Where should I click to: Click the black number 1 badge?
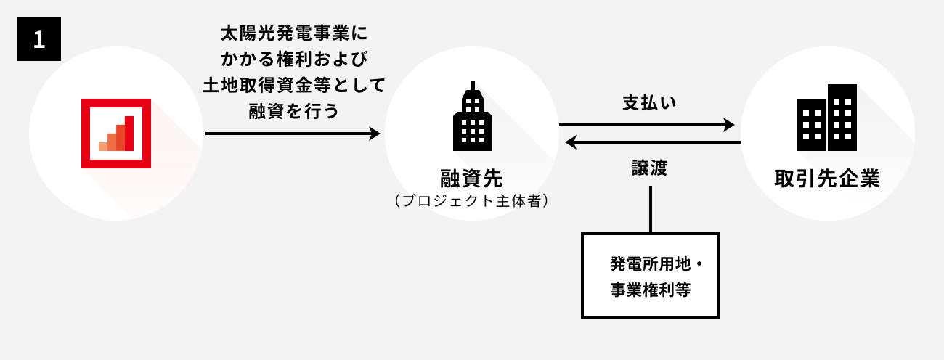tap(39, 39)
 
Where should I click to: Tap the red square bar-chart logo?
tap(116, 134)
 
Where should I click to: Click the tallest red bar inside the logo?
tap(129, 133)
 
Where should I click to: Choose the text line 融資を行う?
tap(294, 111)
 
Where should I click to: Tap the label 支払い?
tap(649, 102)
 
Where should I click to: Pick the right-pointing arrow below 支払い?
tap(646, 125)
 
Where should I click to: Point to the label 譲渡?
tap(649, 168)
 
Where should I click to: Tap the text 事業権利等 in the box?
tap(651, 289)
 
